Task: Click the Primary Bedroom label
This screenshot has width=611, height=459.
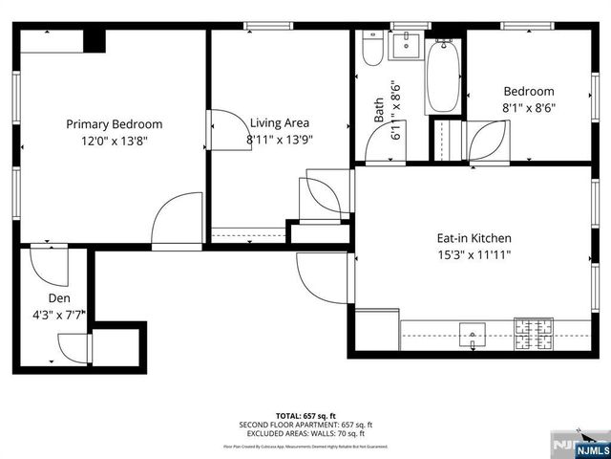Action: point(114,123)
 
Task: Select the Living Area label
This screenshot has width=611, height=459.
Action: point(280,122)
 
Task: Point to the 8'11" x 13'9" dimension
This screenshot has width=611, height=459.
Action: point(280,139)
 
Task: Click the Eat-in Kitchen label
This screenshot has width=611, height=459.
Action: point(474,238)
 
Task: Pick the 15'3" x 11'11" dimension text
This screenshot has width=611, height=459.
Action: point(474,254)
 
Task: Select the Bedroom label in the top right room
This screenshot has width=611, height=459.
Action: point(529,92)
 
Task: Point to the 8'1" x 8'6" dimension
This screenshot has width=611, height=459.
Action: point(529,108)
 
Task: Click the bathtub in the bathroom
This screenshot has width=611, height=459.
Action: point(443,76)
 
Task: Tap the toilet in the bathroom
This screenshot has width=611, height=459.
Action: point(372,49)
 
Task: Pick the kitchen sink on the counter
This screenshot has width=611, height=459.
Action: point(474,335)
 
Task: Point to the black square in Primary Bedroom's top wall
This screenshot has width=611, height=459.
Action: point(94,40)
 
